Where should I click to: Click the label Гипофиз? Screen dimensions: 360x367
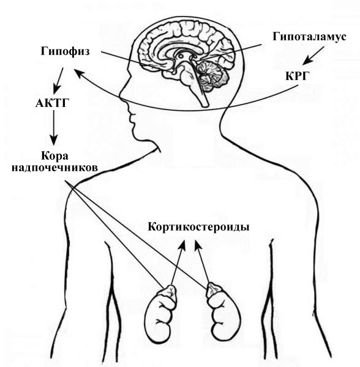[x=65, y=51]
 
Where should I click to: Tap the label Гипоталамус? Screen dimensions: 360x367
[x=309, y=37]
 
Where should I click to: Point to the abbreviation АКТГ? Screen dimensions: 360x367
[x=53, y=103]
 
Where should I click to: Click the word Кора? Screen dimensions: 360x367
[x=54, y=155]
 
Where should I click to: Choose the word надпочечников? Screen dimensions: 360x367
[x=54, y=168]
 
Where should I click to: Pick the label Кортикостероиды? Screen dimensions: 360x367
[x=198, y=227]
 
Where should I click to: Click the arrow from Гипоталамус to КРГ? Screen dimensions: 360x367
[x=313, y=55]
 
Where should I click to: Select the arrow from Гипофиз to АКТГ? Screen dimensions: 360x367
[x=58, y=81]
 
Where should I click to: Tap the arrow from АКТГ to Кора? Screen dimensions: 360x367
[x=54, y=128]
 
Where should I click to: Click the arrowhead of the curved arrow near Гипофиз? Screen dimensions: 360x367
[x=79, y=73]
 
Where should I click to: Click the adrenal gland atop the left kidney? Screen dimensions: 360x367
[x=171, y=293]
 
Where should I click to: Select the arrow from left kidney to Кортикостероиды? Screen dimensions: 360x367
[x=178, y=262]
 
